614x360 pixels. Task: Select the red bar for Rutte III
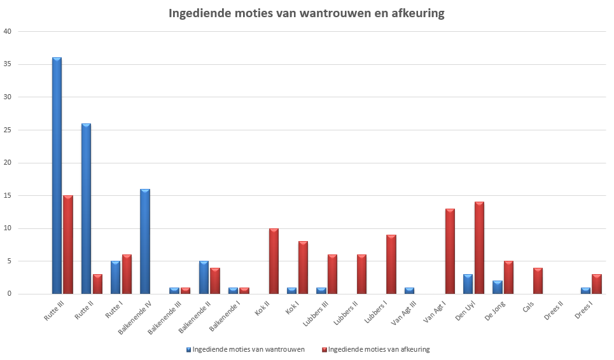[68, 245]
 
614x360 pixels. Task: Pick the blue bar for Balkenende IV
[144, 242]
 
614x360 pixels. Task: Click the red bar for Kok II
[274, 261]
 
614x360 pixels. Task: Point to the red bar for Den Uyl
[479, 248]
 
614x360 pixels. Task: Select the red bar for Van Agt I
[450, 251]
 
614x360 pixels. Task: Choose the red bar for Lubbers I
[391, 265]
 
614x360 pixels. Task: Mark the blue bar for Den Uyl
[468, 284]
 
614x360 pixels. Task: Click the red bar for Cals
[538, 281]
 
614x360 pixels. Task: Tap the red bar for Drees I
[596, 284]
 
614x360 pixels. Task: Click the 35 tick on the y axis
[8, 64]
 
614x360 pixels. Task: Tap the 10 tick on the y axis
[8, 228]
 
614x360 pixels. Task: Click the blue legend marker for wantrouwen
[189, 349]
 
